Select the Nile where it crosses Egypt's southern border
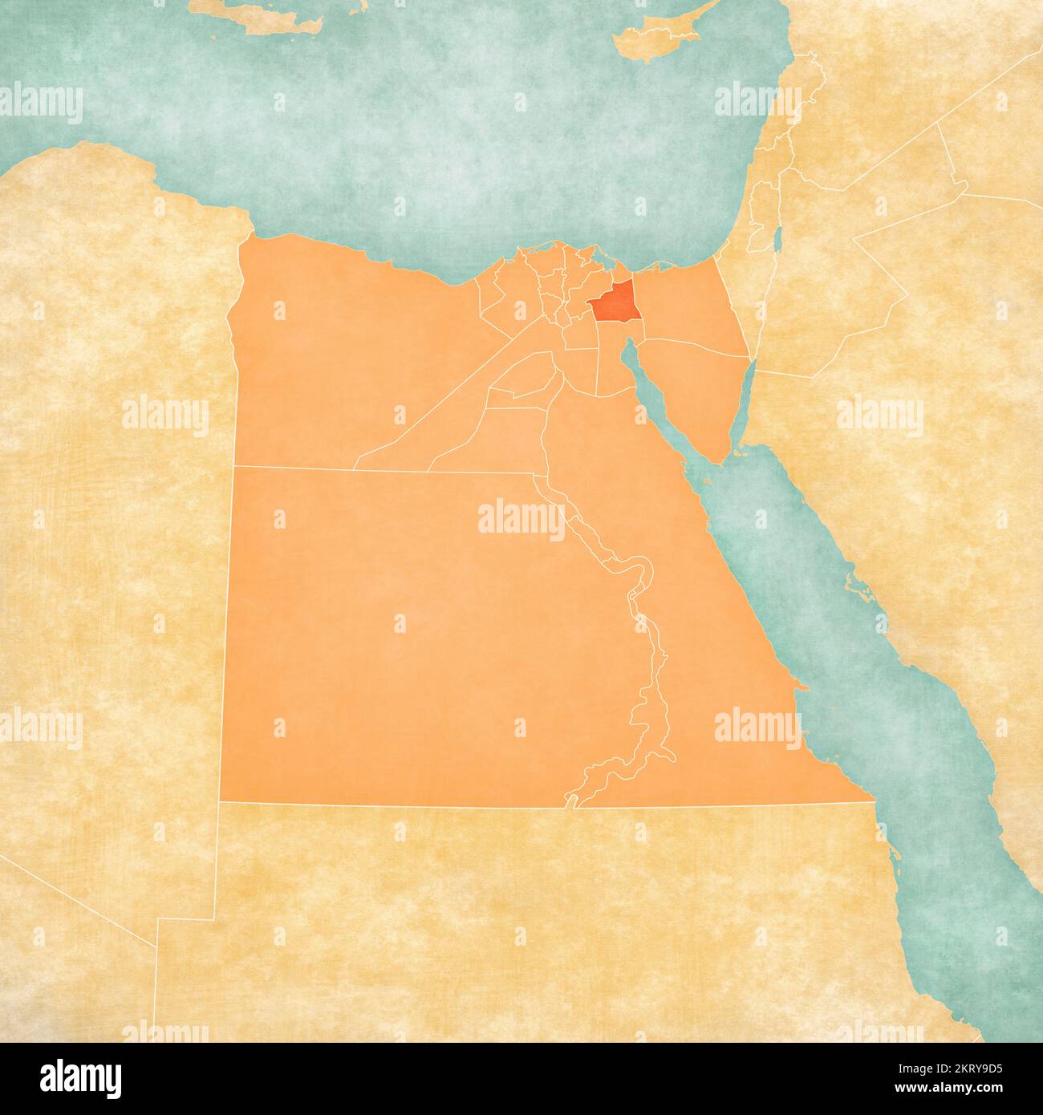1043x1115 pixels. tap(571, 803)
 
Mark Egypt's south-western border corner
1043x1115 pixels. tap(221, 801)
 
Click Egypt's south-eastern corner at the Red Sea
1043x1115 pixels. tap(872, 800)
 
